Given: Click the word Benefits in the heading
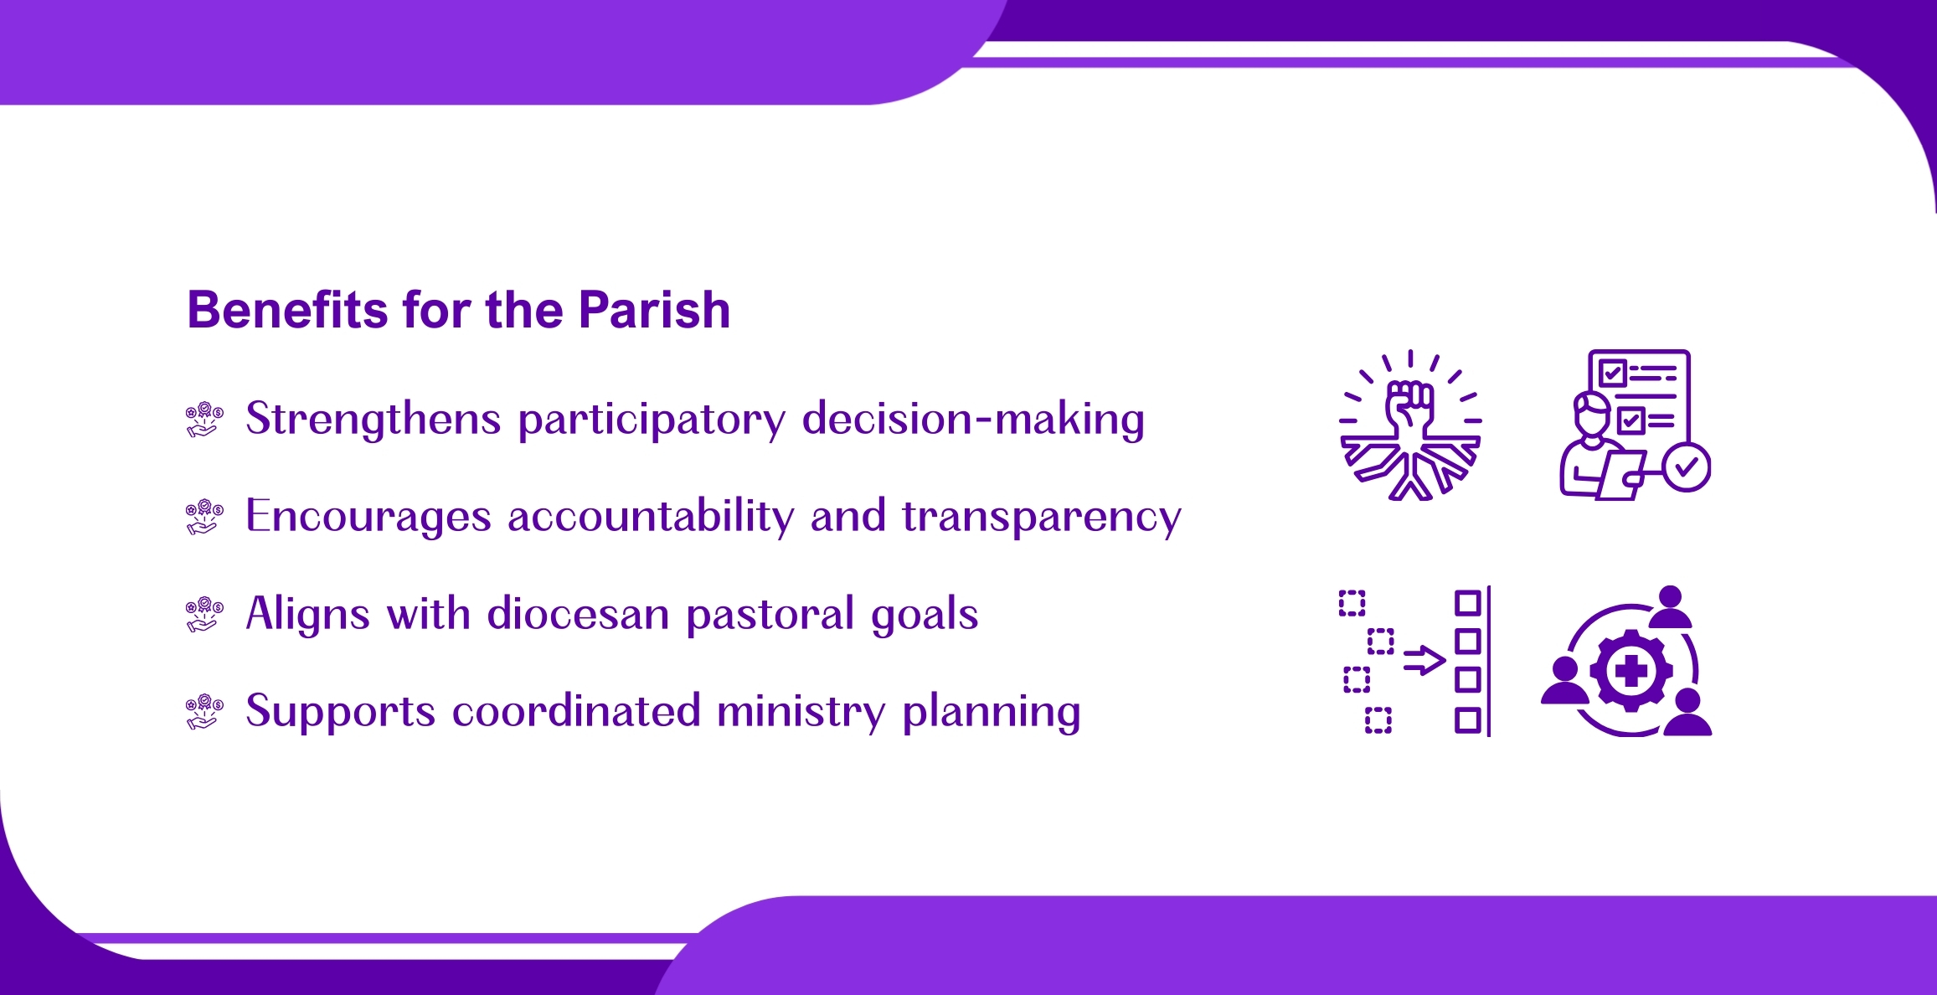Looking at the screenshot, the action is (287, 310).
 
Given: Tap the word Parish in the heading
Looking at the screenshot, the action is (654, 310).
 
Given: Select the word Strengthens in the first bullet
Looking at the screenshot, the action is (373, 418).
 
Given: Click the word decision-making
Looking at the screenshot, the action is (973, 420).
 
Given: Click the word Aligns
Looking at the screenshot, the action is (308, 615).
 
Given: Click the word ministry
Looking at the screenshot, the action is (801, 712).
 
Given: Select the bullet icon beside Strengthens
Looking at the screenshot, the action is (204, 419).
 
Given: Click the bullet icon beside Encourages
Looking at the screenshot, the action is (204, 517).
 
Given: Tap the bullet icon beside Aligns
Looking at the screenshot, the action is (204, 614).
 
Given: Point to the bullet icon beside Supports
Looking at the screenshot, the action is (204, 712).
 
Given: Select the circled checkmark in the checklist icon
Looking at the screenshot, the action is (1687, 467).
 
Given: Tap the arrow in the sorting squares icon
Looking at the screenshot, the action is (1424, 661).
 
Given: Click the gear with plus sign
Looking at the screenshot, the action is (1630, 671).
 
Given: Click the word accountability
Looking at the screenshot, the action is (651, 516).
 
